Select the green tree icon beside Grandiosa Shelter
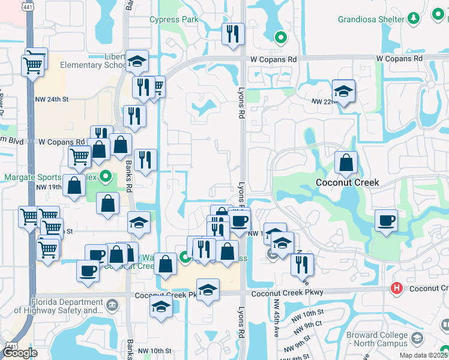click(x=413, y=19)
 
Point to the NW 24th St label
click(x=52, y=100)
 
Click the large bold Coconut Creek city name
click(x=348, y=182)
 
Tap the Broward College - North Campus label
click(x=375, y=340)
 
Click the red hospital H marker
click(x=396, y=289)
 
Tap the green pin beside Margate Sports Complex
click(x=106, y=177)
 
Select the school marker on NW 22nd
click(x=343, y=92)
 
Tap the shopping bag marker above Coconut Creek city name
click(x=346, y=163)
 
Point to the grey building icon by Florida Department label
click(x=112, y=306)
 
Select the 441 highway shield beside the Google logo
click(x=11, y=346)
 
